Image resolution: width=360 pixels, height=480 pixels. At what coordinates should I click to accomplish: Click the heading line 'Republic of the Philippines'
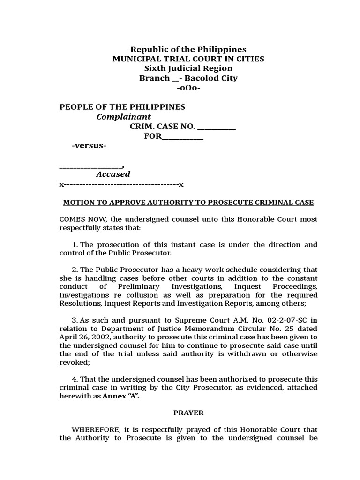pos(188,49)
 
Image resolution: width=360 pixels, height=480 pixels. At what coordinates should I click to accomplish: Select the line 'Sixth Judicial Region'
pos(188,68)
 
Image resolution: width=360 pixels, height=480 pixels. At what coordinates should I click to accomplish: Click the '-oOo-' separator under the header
pos(188,88)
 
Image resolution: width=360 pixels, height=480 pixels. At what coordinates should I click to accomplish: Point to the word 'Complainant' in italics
pos(124,117)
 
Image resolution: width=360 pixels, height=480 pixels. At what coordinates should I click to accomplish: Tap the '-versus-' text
pos(89,146)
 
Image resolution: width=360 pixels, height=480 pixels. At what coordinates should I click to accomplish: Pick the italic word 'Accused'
pos(113,174)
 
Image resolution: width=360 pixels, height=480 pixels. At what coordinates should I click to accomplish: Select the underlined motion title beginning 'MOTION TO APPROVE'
pos(188,202)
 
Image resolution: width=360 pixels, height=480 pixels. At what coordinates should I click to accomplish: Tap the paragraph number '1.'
pos(75,245)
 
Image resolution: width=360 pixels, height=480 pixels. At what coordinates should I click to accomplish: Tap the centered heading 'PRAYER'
pos(188,413)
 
